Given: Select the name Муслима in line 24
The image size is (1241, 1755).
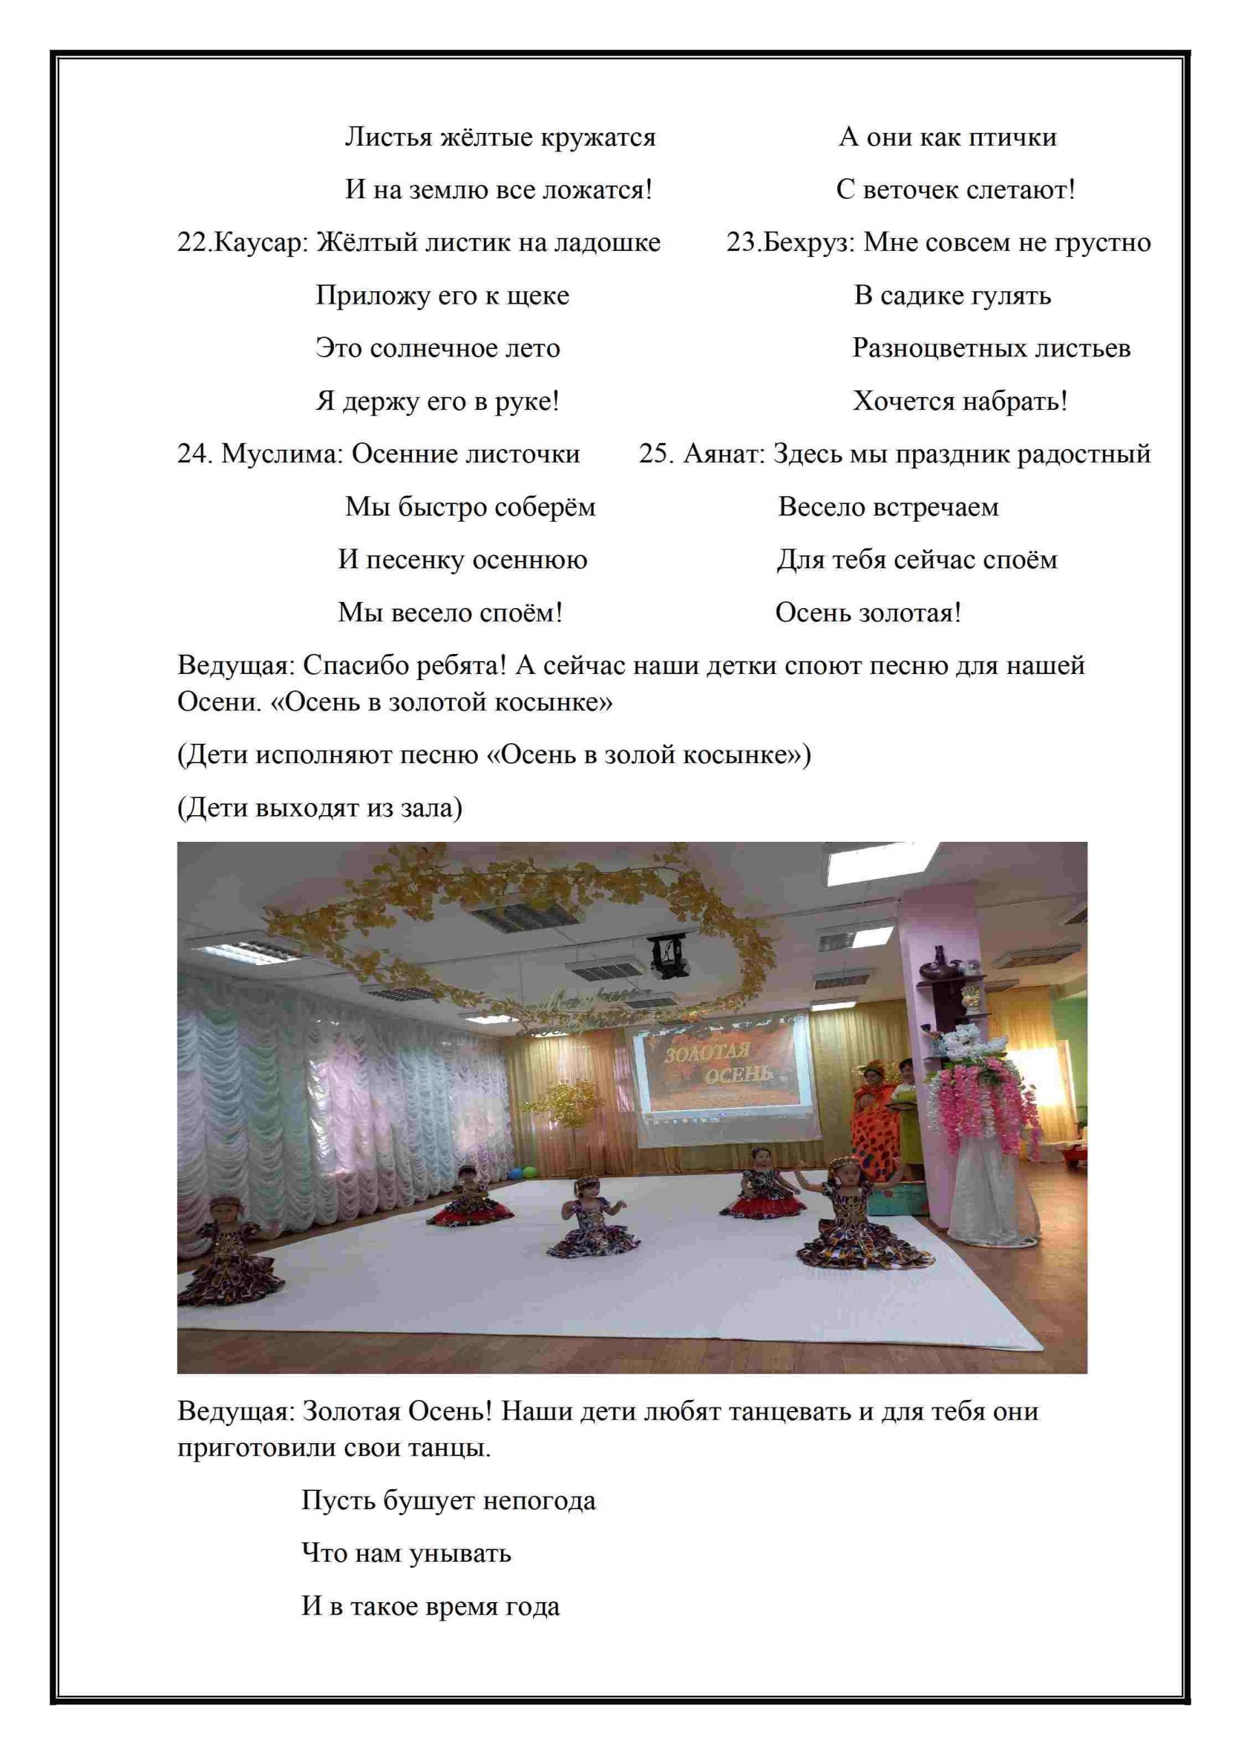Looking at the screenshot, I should [283, 454].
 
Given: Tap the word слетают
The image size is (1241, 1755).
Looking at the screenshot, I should [1020, 191].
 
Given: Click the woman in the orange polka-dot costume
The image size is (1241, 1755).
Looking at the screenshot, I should [870, 1124].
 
